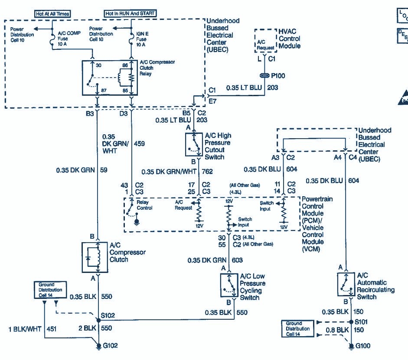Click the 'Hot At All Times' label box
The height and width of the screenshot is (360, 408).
click(x=52, y=14)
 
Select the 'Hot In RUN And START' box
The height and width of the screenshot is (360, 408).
click(x=130, y=14)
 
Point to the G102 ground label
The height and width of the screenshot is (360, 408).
click(x=110, y=346)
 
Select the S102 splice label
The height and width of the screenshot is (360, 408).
click(x=108, y=315)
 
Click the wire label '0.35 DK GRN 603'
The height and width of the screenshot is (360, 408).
click(x=215, y=260)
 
